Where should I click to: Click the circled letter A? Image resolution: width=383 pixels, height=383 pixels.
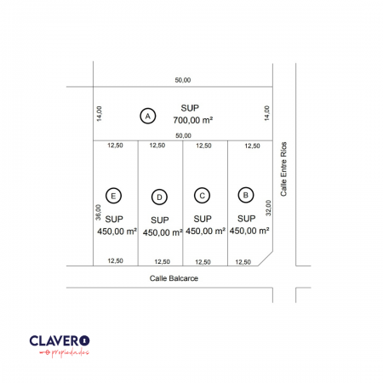click(x=148, y=116)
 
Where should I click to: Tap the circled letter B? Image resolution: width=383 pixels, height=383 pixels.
click(x=246, y=195)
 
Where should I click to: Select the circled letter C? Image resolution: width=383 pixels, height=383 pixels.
click(x=202, y=196)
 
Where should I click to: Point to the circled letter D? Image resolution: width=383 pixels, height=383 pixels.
click(x=159, y=197)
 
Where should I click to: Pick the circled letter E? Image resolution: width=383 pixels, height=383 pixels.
click(x=113, y=196)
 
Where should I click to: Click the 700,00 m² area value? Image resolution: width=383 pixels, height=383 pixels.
click(x=193, y=120)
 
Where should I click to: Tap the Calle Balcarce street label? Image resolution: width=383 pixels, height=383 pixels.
click(x=174, y=278)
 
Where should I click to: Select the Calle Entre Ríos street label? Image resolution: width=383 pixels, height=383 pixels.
click(x=283, y=169)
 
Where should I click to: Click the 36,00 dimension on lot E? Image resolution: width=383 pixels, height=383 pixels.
click(x=98, y=213)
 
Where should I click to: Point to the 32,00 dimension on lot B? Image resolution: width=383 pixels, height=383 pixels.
click(x=268, y=208)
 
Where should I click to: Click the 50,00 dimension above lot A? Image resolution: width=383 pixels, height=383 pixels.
click(x=183, y=80)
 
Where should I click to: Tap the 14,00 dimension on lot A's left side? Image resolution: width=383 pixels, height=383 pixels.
click(x=99, y=114)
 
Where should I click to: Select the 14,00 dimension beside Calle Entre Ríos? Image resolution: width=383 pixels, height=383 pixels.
click(x=267, y=113)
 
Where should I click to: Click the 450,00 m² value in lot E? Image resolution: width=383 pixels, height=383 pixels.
click(x=117, y=232)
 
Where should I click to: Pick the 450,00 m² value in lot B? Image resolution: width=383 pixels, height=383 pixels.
click(x=249, y=231)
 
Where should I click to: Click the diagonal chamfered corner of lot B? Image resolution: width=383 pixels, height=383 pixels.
click(x=266, y=259)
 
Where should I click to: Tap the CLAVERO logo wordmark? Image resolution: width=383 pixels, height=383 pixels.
click(x=60, y=340)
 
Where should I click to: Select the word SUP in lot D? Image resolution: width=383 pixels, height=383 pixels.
click(x=160, y=220)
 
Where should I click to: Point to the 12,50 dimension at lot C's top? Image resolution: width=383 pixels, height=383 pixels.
click(x=203, y=146)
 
